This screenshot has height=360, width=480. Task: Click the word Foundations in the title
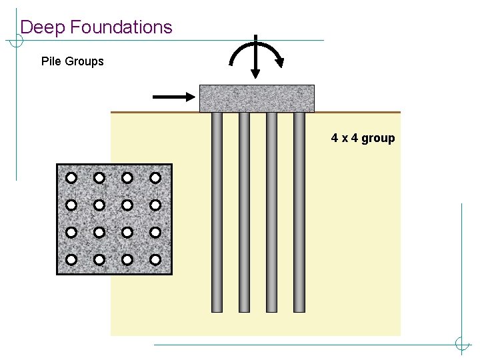pyautogui.click(x=121, y=27)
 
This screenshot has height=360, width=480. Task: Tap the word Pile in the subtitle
pyautogui.click(x=51, y=61)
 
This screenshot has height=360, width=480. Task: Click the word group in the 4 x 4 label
pyautogui.click(x=378, y=139)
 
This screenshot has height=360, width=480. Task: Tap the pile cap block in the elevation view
pyautogui.click(x=257, y=98)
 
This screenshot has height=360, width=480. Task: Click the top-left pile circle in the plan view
pyautogui.click(x=71, y=178)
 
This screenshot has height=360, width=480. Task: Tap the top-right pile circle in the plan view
pyautogui.click(x=155, y=178)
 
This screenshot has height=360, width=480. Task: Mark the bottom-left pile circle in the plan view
pyautogui.click(x=71, y=259)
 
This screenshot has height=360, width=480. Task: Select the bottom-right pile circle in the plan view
pyautogui.click(x=155, y=259)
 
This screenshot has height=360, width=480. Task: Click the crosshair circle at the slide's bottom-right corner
pyautogui.click(x=461, y=345)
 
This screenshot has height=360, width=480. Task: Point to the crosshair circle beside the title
pyautogui.click(x=16, y=40)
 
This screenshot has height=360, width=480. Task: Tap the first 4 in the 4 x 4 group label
pyautogui.click(x=335, y=139)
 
